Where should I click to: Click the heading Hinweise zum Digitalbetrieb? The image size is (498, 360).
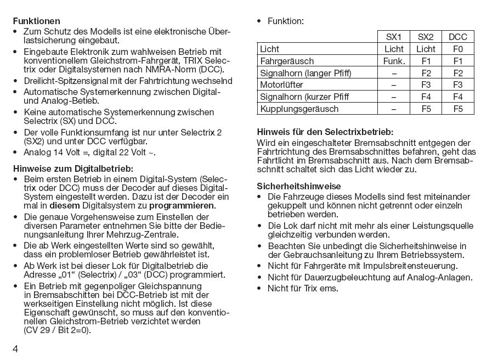click(x=73, y=168)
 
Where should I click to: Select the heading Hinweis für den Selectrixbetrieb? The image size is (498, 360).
click(x=325, y=132)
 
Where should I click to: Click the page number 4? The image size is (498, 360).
click(x=16, y=349)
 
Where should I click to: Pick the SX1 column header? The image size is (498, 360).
click(x=394, y=37)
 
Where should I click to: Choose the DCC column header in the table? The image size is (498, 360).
click(x=458, y=37)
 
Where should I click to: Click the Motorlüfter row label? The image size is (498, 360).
click(x=281, y=85)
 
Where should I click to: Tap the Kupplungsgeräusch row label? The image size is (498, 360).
click(x=291, y=109)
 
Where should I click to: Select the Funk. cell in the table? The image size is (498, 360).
click(x=394, y=61)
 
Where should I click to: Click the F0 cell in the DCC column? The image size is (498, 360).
click(x=458, y=49)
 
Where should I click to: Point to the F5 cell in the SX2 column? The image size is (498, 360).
click(x=426, y=109)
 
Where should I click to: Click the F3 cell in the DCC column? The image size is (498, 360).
click(x=458, y=85)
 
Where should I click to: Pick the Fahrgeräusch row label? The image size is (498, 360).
click(x=287, y=61)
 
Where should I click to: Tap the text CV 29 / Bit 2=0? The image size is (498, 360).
click(x=57, y=330)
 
